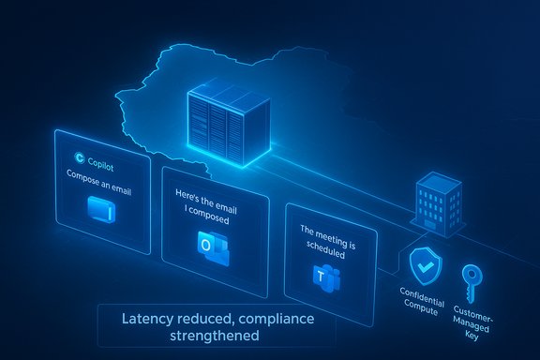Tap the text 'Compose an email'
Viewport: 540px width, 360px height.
[98, 176]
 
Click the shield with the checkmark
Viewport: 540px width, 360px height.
[425, 266]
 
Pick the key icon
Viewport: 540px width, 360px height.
[471, 279]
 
